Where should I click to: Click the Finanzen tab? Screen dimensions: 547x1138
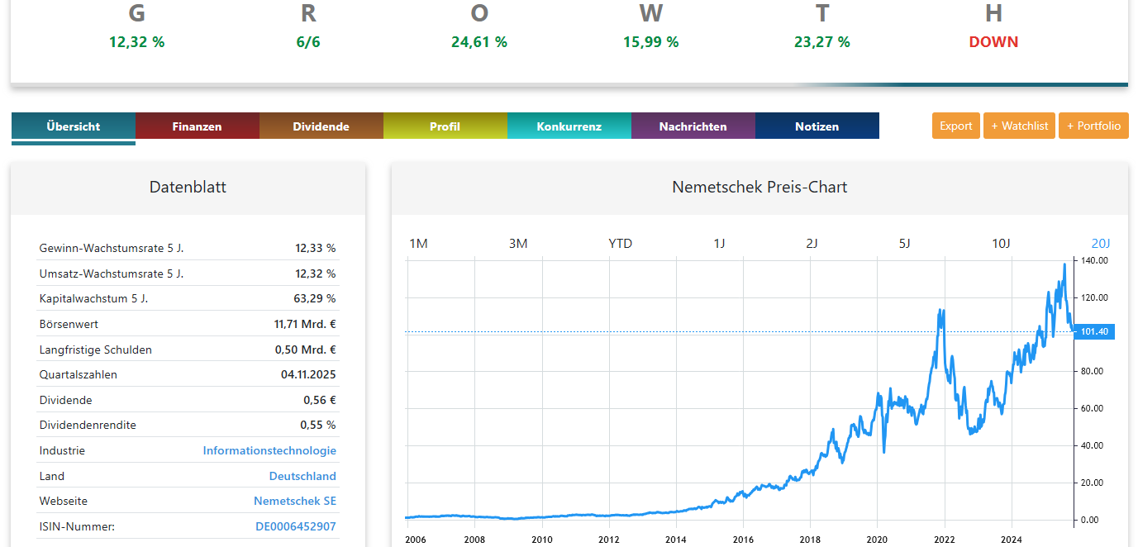[x=197, y=126]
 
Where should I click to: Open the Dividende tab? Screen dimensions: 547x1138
[x=321, y=126]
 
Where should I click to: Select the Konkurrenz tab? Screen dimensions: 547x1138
[x=569, y=126]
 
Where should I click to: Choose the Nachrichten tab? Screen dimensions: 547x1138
[x=693, y=126]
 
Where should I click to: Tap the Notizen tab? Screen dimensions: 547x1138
[x=817, y=126]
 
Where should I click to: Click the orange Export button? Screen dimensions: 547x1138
[x=955, y=126]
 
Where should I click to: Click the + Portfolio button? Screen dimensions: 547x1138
[x=1093, y=126]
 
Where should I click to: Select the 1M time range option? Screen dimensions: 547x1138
[x=419, y=244]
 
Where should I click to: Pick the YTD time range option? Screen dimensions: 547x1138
[x=620, y=244]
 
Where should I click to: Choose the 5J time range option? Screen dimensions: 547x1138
[x=904, y=244]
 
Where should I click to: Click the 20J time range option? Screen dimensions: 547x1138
[x=1101, y=244]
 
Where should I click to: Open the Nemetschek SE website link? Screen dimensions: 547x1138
[x=294, y=502]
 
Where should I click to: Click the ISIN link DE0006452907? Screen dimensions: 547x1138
[x=295, y=526]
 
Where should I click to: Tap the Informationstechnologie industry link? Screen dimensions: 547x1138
[x=269, y=451]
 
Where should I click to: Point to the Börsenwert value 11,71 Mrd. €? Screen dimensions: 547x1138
[x=304, y=325]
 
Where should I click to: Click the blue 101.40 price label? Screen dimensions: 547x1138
[x=1094, y=332]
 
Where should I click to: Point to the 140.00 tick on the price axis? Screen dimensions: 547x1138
[x=1094, y=261]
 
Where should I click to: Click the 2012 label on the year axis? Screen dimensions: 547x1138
[x=609, y=540]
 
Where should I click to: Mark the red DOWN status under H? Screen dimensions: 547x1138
[x=993, y=42]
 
